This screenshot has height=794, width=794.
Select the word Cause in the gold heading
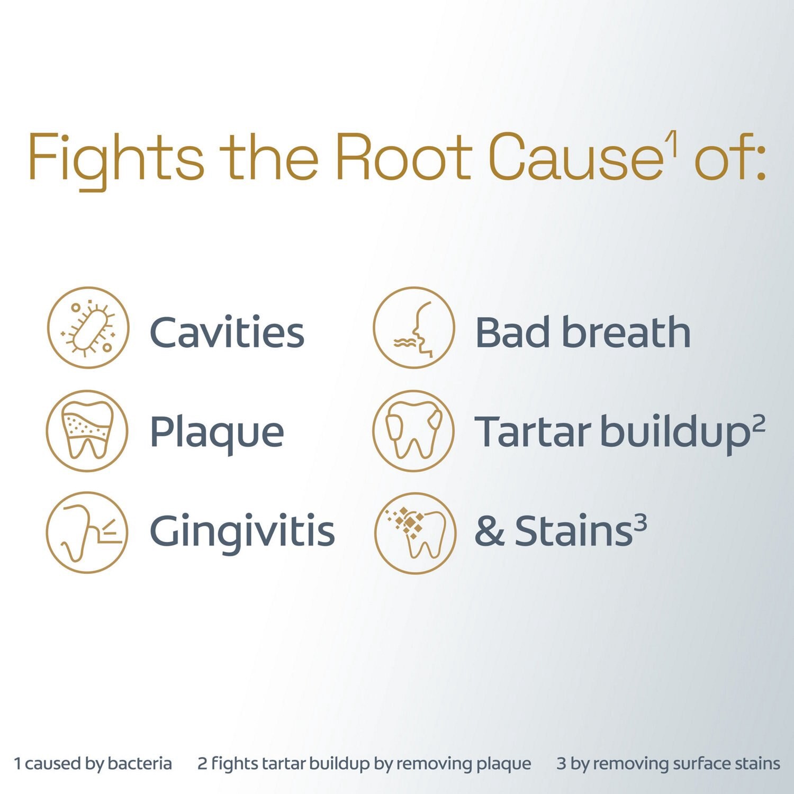coord(576,157)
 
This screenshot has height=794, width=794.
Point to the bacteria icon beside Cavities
coord(88,328)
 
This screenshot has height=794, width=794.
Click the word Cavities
coord(227,332)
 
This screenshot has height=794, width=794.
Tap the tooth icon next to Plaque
coord(87,430)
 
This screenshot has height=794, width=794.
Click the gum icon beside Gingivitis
coord(87,533)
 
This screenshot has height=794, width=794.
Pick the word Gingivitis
coord(242,533)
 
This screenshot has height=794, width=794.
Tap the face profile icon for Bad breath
coord(414,328)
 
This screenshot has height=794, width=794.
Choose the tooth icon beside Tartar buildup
coord(414,430)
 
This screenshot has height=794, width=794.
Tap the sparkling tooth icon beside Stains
coord(415,533)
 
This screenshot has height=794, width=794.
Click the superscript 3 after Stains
coord(640,523)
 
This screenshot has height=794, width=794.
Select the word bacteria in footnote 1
coord(140,764)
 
